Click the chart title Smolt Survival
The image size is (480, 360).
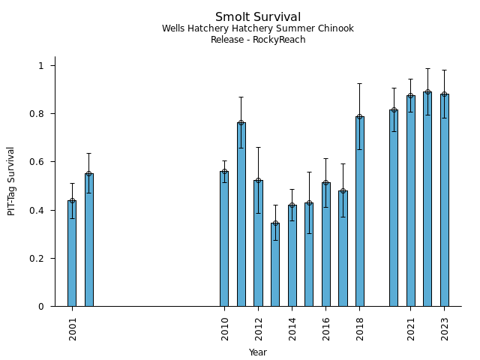click(x=258, y=17)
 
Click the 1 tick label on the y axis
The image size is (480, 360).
click(x=42, y=66)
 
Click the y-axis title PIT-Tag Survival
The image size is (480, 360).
click(x=12, y=181)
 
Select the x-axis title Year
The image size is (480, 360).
click(x=258, y=352)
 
